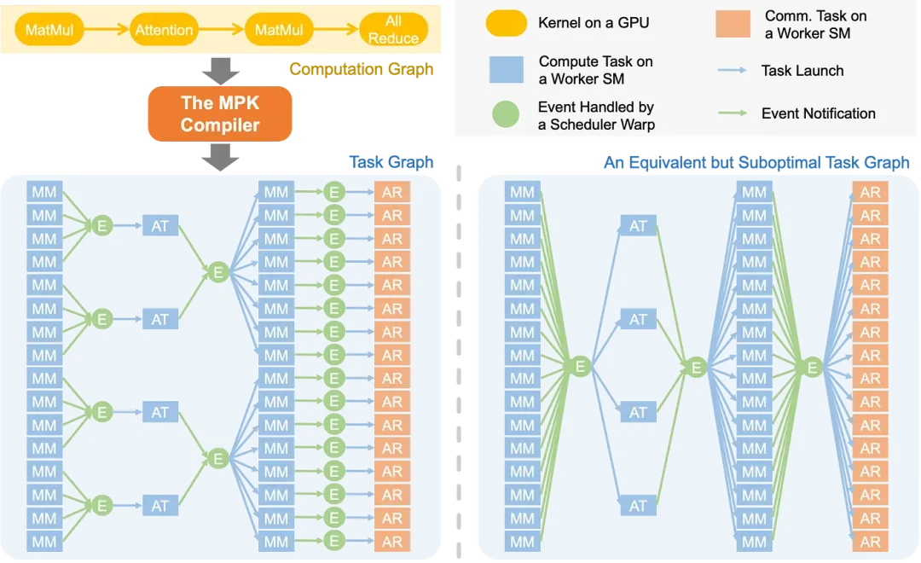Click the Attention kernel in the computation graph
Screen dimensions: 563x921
[x=165, y=31]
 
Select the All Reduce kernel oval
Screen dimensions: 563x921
[x=393, y=31]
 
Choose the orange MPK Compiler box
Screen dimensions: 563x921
[x=220, y=114]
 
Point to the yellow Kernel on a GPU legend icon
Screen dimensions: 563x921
[x=506, y=23]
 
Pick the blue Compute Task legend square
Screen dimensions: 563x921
[x=506, y=69]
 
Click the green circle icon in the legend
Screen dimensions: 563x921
[x=506, y=115]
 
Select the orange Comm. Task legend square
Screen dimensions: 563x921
[x=733, y=23]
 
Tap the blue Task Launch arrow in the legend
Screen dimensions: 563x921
[x=733, y=70]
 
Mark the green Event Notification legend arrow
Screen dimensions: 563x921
[x=733, y=113]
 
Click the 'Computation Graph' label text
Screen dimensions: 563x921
[x=361, y=69]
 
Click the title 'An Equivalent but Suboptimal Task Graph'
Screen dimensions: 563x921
[x=756, y=162]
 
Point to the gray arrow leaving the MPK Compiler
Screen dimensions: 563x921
[x=220, y=155]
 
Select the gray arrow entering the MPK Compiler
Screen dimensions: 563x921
[x=220, y=71]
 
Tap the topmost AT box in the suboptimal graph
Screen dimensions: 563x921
[x=638, y=226]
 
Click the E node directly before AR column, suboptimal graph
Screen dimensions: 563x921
[x=813, y=367]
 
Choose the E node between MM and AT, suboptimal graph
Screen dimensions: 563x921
[x=580, y=367]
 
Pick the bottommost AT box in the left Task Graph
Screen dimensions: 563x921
[x=160, y=506]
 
